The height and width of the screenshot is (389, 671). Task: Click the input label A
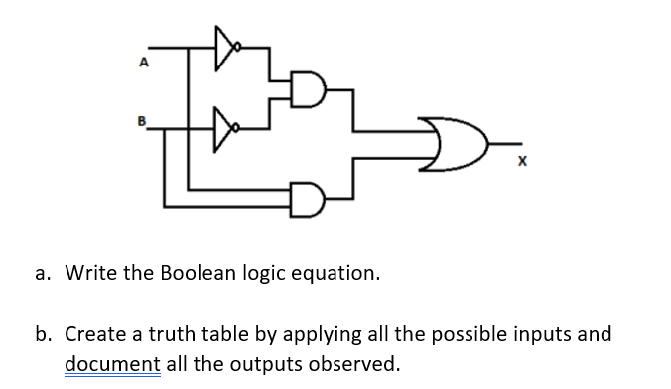[x=144, y=63]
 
